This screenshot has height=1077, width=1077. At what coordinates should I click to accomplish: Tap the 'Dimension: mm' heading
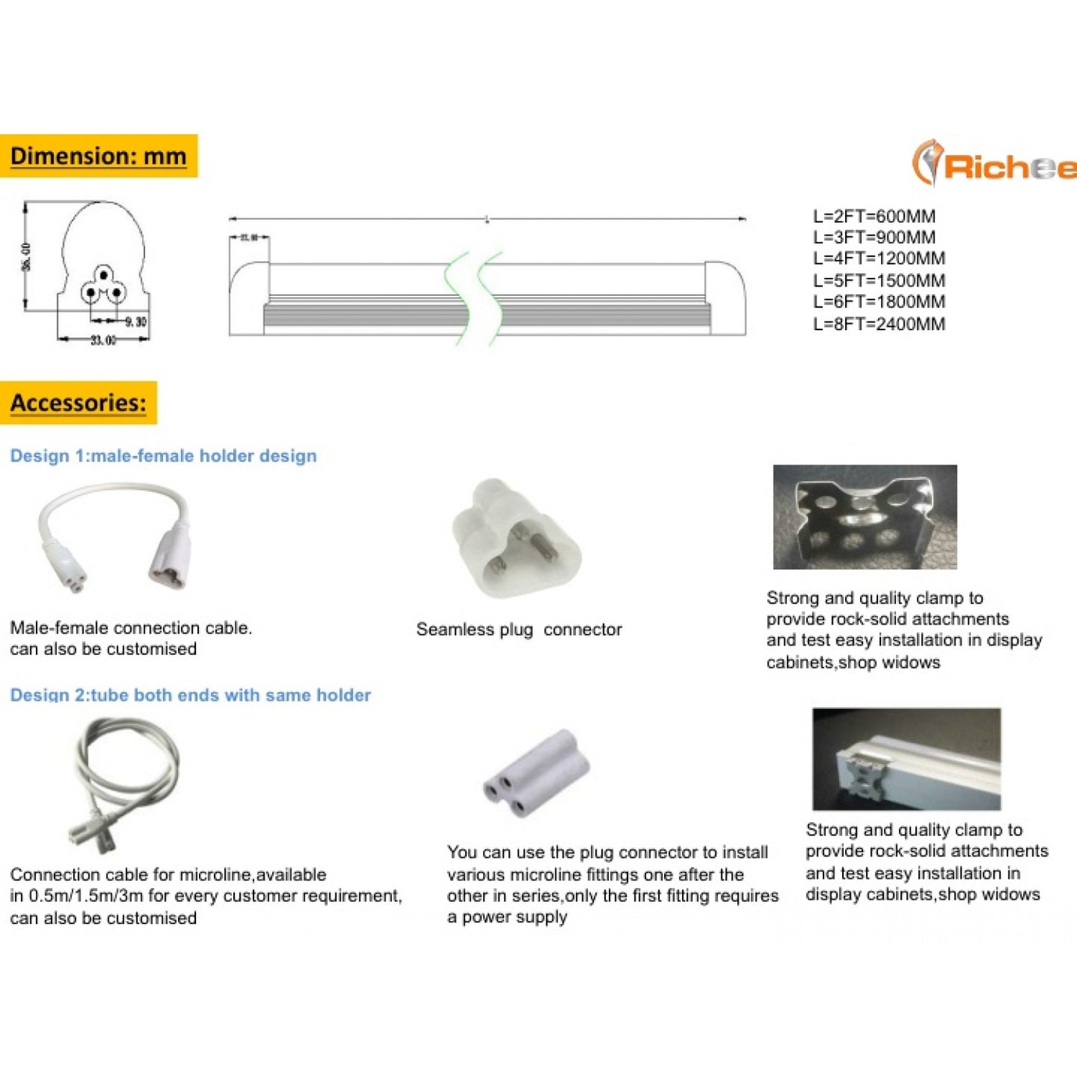click(x=98, y=157)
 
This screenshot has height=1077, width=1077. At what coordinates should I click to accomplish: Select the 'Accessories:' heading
click(x=78, y=403)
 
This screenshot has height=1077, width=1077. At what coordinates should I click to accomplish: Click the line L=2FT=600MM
click(x=874, y=216)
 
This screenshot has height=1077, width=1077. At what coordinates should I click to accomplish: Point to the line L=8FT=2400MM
click(x=879, y=324)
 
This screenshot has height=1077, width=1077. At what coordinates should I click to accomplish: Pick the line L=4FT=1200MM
click(x=879, y=259)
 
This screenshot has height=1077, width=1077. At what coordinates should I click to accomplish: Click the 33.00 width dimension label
click(x=103, y=341)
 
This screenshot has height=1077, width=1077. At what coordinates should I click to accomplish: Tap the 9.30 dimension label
click(x=136, y=322)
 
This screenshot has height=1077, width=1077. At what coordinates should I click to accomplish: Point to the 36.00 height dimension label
click(x=26, y=256)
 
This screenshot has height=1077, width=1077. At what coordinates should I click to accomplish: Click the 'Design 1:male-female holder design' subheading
click(x=163, y=456)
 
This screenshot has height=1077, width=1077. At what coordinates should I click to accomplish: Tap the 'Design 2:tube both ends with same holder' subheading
click(x=190, y=695)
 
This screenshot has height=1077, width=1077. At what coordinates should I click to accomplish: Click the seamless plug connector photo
click(x=516, y=537)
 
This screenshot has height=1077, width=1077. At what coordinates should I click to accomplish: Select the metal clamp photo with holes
click(x=865, y=517)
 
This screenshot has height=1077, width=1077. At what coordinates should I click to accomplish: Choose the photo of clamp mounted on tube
click(x=906, y=759)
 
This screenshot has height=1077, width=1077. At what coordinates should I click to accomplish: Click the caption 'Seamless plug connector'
click(x=519, y=630)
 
